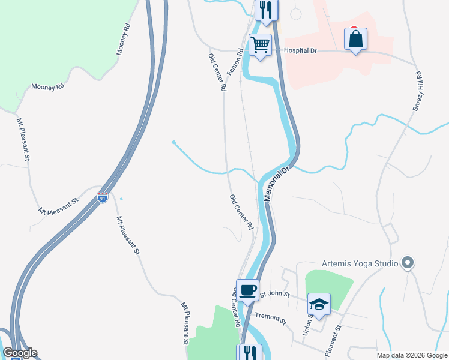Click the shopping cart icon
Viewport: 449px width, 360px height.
(x=260, y=45)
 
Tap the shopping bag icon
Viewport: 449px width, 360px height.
(x=355, y=40)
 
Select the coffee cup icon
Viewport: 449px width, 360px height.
(x=247, y=290)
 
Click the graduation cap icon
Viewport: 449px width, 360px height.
(x=319, y=304)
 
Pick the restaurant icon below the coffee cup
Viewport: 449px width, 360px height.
(x=249, y=353)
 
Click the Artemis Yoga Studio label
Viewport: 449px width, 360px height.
(x=360, y=263)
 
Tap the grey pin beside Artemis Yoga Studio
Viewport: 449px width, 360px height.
(x=408, y=263)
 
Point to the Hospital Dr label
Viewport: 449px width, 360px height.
(x=300, y=51)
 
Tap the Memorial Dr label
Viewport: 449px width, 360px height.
(x=277, y=183)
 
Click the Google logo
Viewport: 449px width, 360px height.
(x=20, y=353)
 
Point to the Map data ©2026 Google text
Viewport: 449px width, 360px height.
(x=412, y=355)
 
